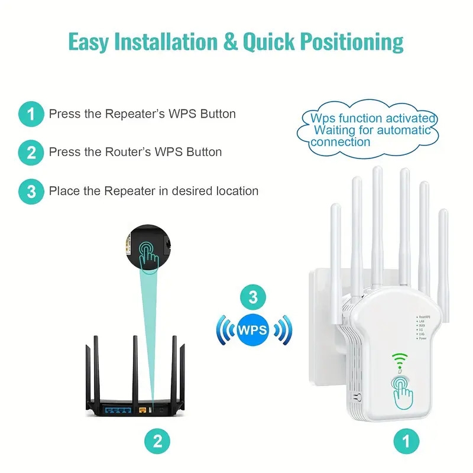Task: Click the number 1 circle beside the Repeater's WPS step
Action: click(31, 114)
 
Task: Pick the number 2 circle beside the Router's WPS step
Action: click(31, 152)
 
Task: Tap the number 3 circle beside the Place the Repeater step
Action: click(31, 191)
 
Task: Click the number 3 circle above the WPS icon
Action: click(254, 297)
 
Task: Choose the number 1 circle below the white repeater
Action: click(406, 440)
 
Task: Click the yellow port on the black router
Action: click(142, 409)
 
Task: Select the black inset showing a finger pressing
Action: click(148, 248)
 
